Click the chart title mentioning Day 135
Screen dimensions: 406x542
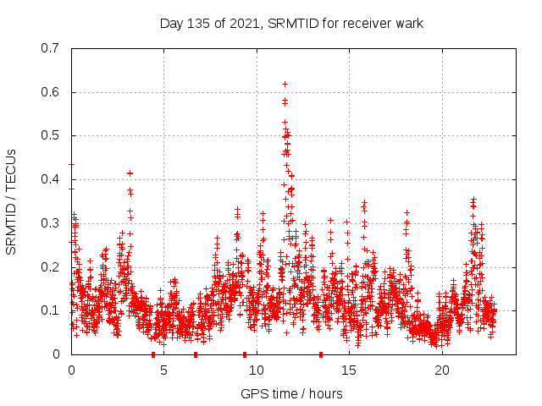291,24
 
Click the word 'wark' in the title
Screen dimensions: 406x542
408,24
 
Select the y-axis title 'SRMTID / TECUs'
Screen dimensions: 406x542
11,201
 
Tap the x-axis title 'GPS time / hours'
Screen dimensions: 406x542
291,393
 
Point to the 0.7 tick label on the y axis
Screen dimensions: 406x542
51,48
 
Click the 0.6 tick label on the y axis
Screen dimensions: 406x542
51,92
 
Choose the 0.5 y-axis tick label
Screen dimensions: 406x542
51,135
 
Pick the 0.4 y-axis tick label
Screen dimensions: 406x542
51,179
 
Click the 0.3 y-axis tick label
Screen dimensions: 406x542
51,223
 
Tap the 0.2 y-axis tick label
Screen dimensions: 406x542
51,266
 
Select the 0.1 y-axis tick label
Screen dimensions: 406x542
51,310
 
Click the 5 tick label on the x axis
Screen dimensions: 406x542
163,370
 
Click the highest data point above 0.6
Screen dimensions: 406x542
285,84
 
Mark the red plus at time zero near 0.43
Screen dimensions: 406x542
71,165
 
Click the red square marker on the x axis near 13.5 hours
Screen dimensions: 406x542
320,354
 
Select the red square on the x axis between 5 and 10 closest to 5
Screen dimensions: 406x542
196,354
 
